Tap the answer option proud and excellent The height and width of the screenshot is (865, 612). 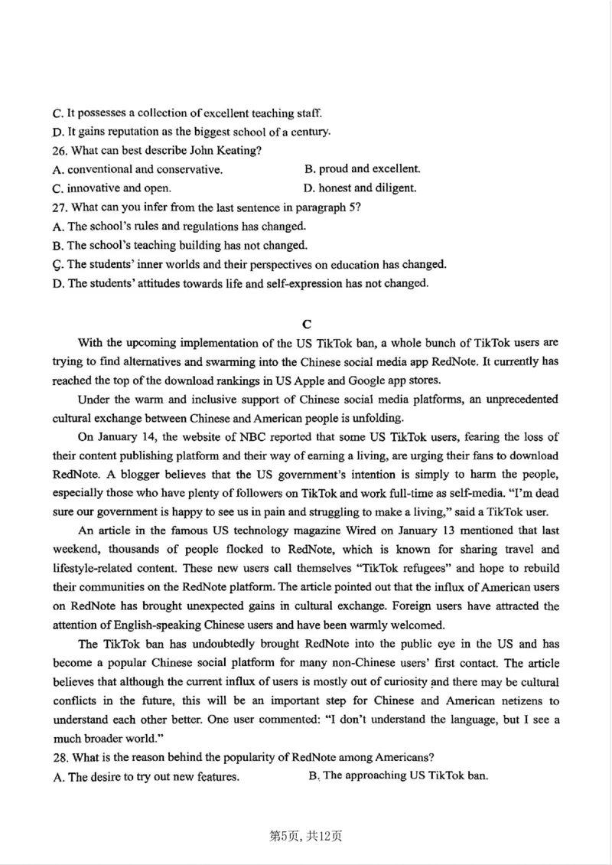click(x=362, y=169)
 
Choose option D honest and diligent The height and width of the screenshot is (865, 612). click(x=360, y=188)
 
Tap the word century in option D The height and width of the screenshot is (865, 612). click(x=310, y=132)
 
